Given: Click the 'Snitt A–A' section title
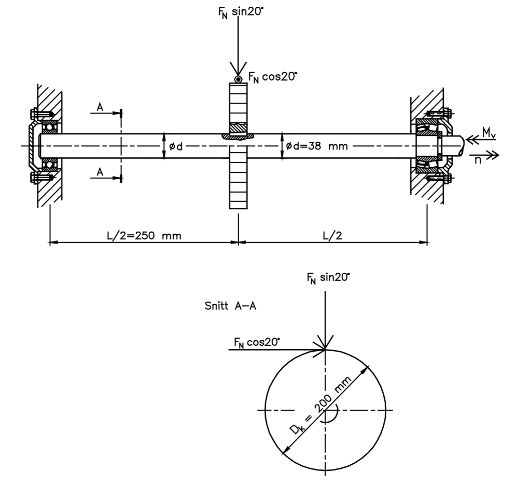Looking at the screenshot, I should click(232, 306).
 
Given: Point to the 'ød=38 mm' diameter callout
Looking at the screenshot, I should click(317, 146).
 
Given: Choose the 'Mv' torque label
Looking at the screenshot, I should click(488, 133).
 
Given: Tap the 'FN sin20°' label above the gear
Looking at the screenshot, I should click(237, 11).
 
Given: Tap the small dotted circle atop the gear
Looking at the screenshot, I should click(238, 79).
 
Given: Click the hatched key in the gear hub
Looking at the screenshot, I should click(238, 127).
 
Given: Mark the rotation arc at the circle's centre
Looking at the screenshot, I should click(330, 418).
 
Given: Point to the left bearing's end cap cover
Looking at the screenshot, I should click(32, 146).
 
